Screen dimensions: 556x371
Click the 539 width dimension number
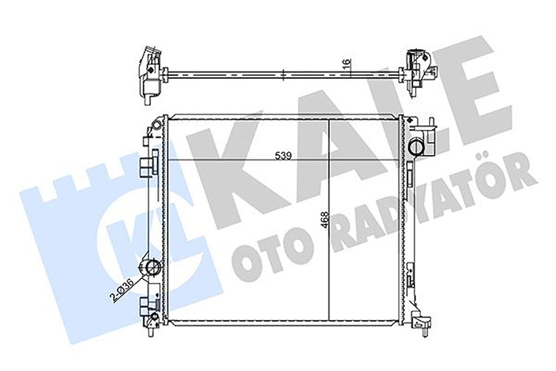click(283, 155)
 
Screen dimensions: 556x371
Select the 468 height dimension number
click(326, 220)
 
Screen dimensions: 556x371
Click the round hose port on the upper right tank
click(416, 146)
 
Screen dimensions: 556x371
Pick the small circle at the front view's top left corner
click(156, 124)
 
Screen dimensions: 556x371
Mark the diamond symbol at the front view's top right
click(412, 121)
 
